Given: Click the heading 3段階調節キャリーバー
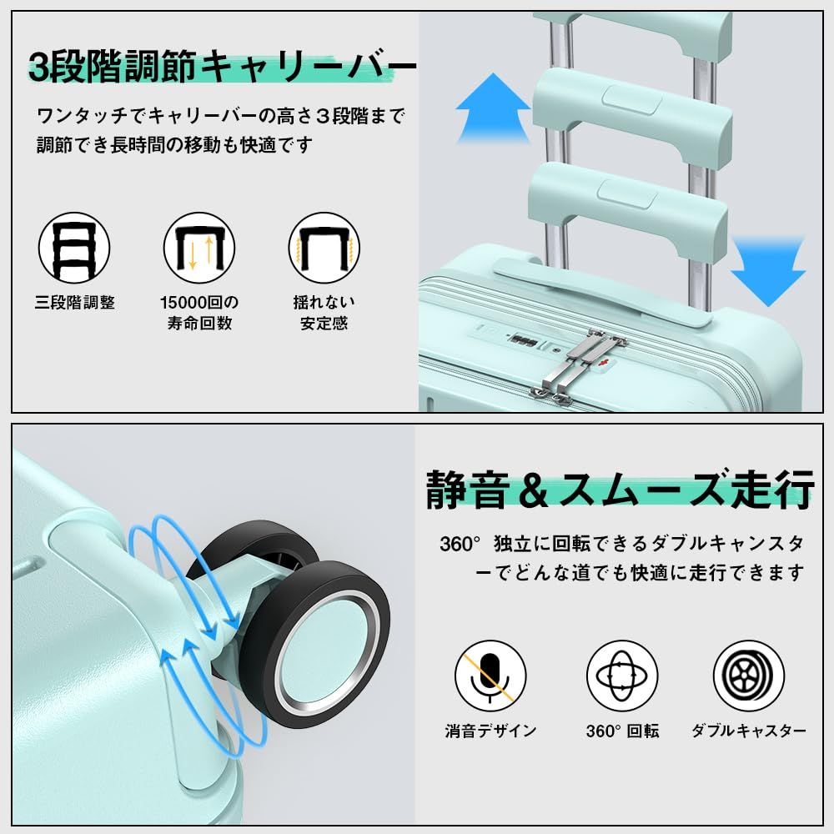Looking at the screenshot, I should tap(221, 67).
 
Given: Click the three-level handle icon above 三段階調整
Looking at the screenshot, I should tap(74, 248).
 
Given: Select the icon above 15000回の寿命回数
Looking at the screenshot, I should tap(198, 248).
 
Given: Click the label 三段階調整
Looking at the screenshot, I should tap(74, 303).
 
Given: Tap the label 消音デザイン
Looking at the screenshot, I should tap(490, 731).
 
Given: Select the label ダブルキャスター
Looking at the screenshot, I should tap(749, 731).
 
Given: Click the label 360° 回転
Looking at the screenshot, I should tap(622, 731).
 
